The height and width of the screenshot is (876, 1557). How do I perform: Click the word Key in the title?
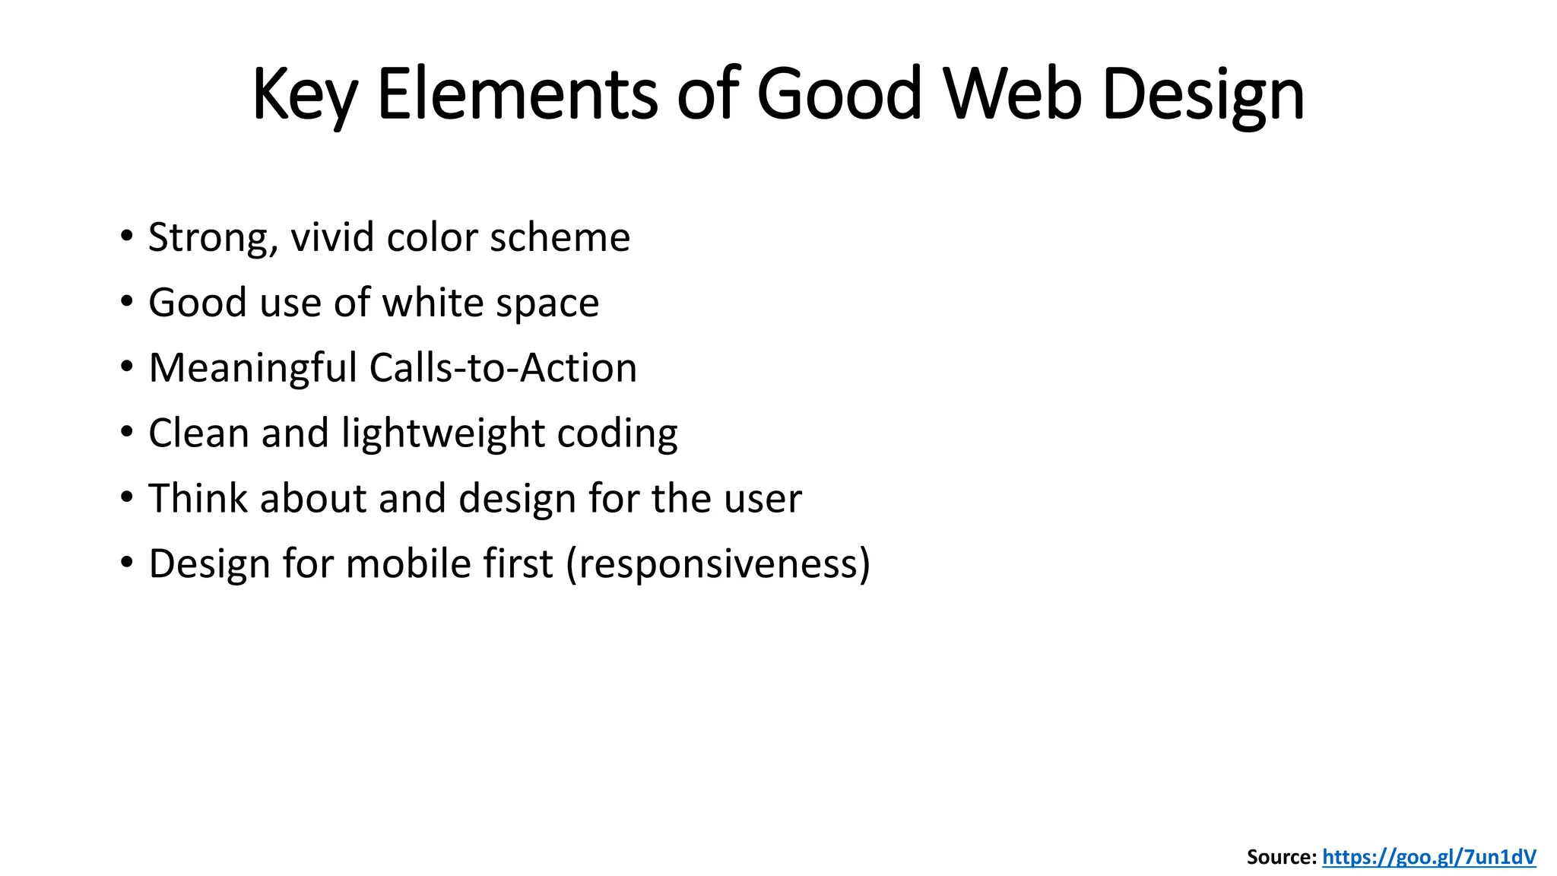tap(304, 95)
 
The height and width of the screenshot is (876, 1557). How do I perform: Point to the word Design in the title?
tap(1203, 95)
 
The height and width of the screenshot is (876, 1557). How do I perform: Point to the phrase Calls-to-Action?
tap(503, 368)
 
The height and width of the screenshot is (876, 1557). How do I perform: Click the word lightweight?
tap(442, 434)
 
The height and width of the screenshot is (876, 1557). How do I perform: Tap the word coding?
tap(617, 434)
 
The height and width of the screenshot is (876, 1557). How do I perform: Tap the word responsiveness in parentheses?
tap(718, 565)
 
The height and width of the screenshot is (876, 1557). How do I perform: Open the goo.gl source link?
tap(1429, 858)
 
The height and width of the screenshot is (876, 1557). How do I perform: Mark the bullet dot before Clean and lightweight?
tap(127, 432)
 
